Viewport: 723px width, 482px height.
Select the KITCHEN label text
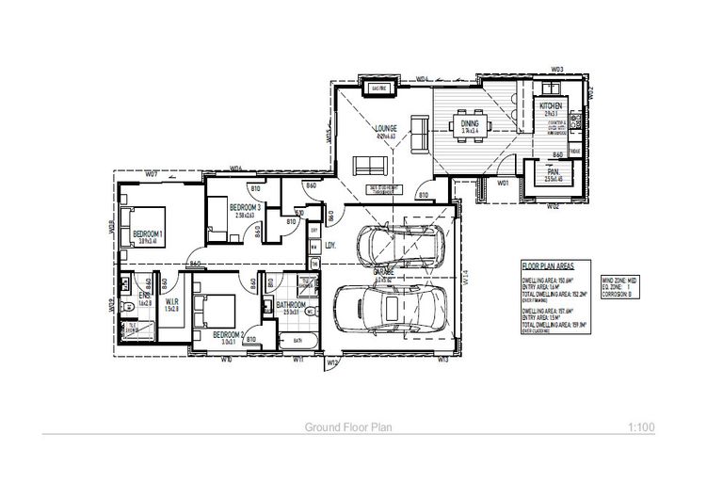tap(551, 107)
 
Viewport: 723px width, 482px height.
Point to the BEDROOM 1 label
tap(148, 233)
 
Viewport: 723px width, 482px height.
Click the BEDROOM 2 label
tap(228, 335)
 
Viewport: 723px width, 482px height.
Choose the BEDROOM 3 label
tap(244, 207)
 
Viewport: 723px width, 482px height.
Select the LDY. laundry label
tap(330, 247)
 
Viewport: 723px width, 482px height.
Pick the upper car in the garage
tap(399, 247)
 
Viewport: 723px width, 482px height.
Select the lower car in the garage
tap(388, 309)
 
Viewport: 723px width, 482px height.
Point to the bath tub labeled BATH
tap(296, 340)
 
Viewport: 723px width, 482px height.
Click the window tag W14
tap(465, 277)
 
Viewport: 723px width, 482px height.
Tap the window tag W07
tap(151, 174)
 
